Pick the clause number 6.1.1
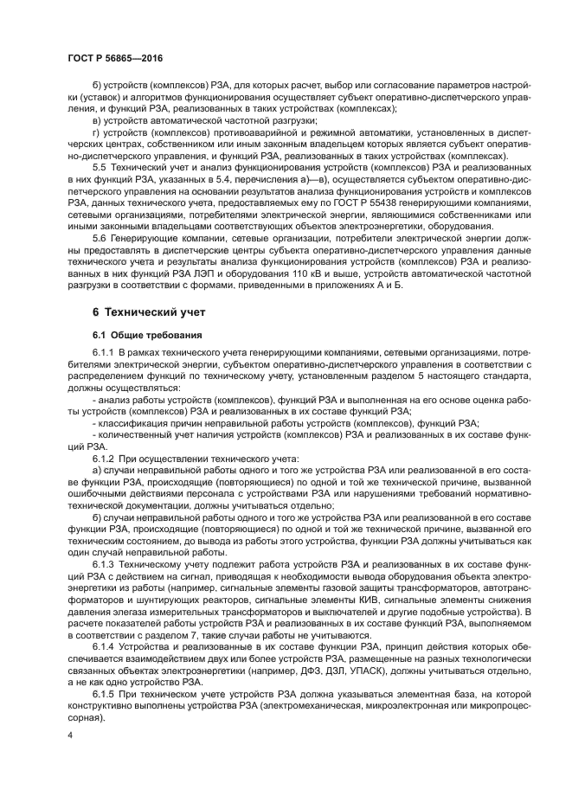(x=103, y=353)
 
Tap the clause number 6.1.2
(x=103, y=456)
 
